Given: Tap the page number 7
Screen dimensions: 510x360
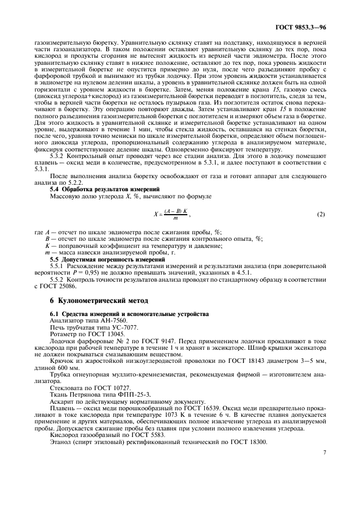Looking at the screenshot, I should tap(324, 452).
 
